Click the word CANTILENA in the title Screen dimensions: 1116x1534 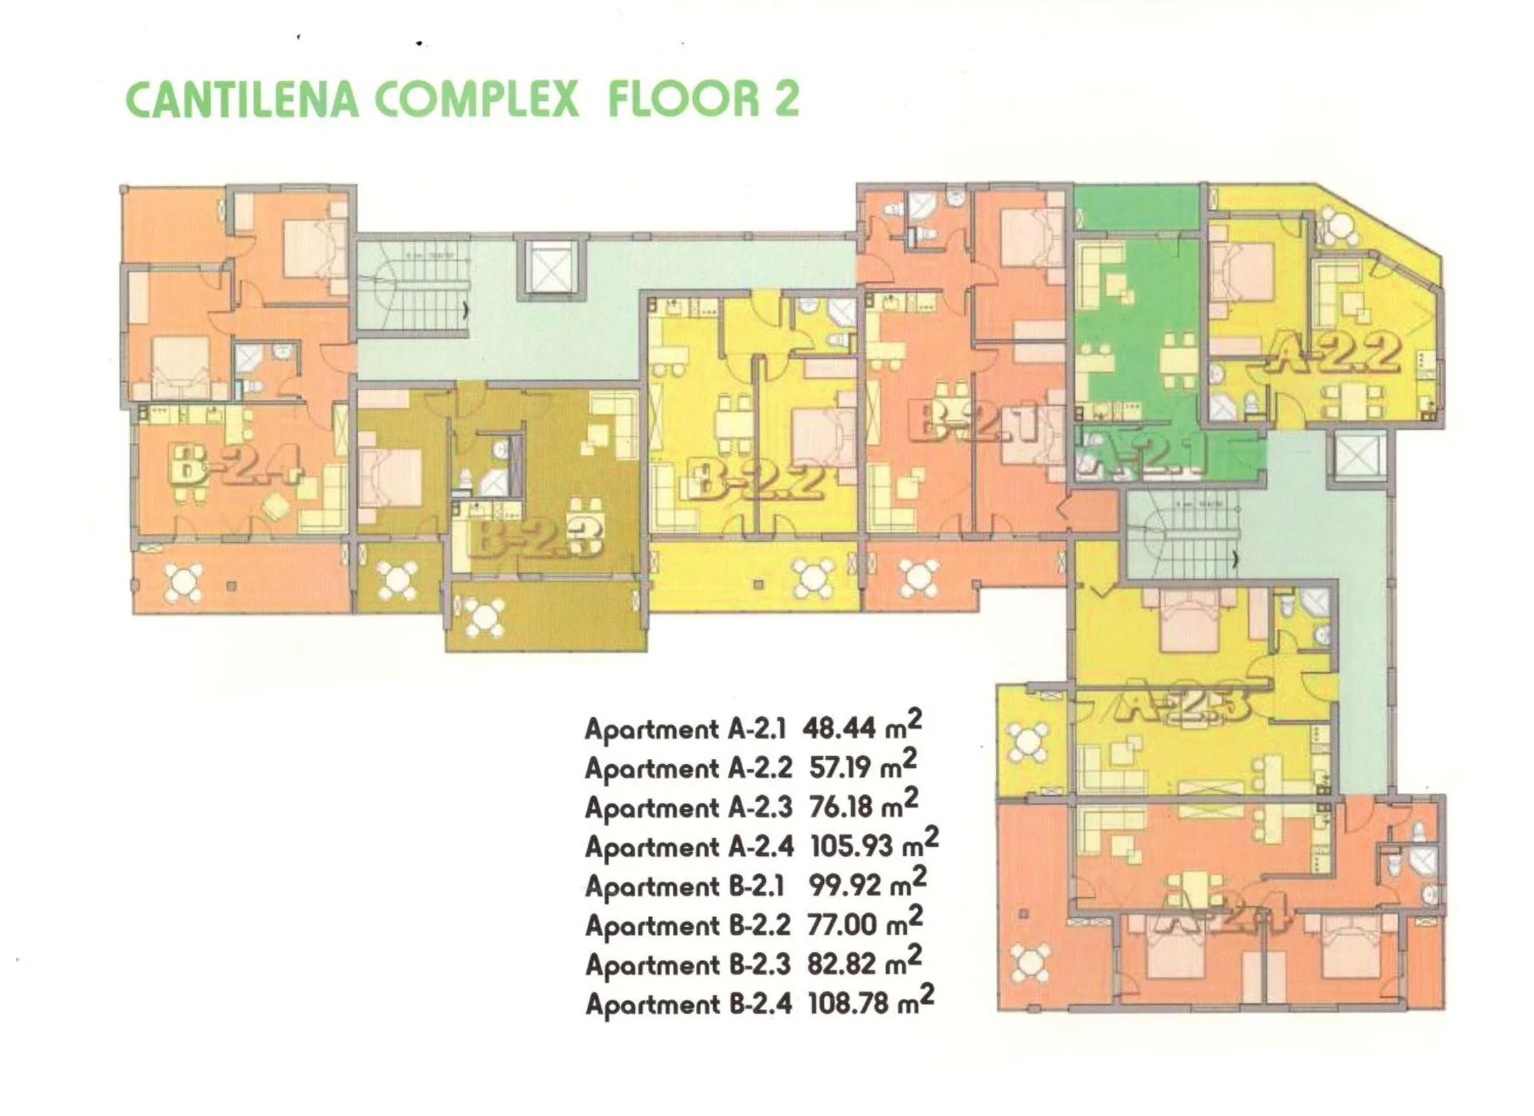click(242, 99)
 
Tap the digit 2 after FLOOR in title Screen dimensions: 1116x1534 click(784, 99)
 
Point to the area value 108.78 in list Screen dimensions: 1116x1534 click(848, 1004)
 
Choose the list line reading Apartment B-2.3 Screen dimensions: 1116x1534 click(687, 964)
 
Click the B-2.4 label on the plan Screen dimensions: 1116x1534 click(233, 465)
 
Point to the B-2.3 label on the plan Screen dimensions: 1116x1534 click(534, 538)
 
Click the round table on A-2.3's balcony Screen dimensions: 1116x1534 click(1027, 742)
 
